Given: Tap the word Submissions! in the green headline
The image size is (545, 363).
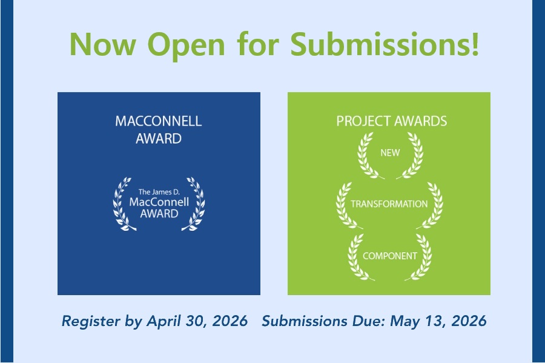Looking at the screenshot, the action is (x=385, y=43).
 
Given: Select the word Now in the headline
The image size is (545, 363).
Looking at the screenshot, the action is (x=103, y=44).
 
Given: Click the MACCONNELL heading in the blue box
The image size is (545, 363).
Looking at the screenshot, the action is (x=159, y=121).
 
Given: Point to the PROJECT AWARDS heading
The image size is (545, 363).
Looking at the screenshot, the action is (x=392, y=121).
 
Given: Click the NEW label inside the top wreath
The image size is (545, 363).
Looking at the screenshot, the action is (x=390, y=153).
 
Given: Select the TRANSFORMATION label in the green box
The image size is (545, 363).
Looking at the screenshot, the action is (x=389, y=204).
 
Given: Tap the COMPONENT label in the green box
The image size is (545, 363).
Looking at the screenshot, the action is (x=389, y=256).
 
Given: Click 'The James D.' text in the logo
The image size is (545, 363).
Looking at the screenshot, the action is (x=159, y=191).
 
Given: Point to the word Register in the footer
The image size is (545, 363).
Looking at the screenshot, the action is (x=91, y=321).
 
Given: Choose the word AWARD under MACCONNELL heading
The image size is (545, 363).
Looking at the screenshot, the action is (x=159, y=139).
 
